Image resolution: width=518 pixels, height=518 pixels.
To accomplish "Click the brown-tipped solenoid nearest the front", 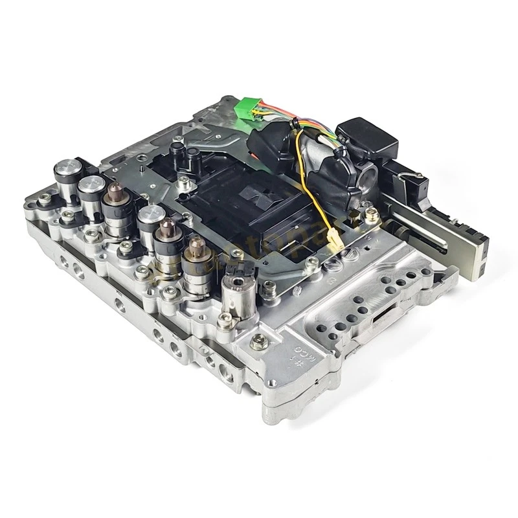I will point(195,253).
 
